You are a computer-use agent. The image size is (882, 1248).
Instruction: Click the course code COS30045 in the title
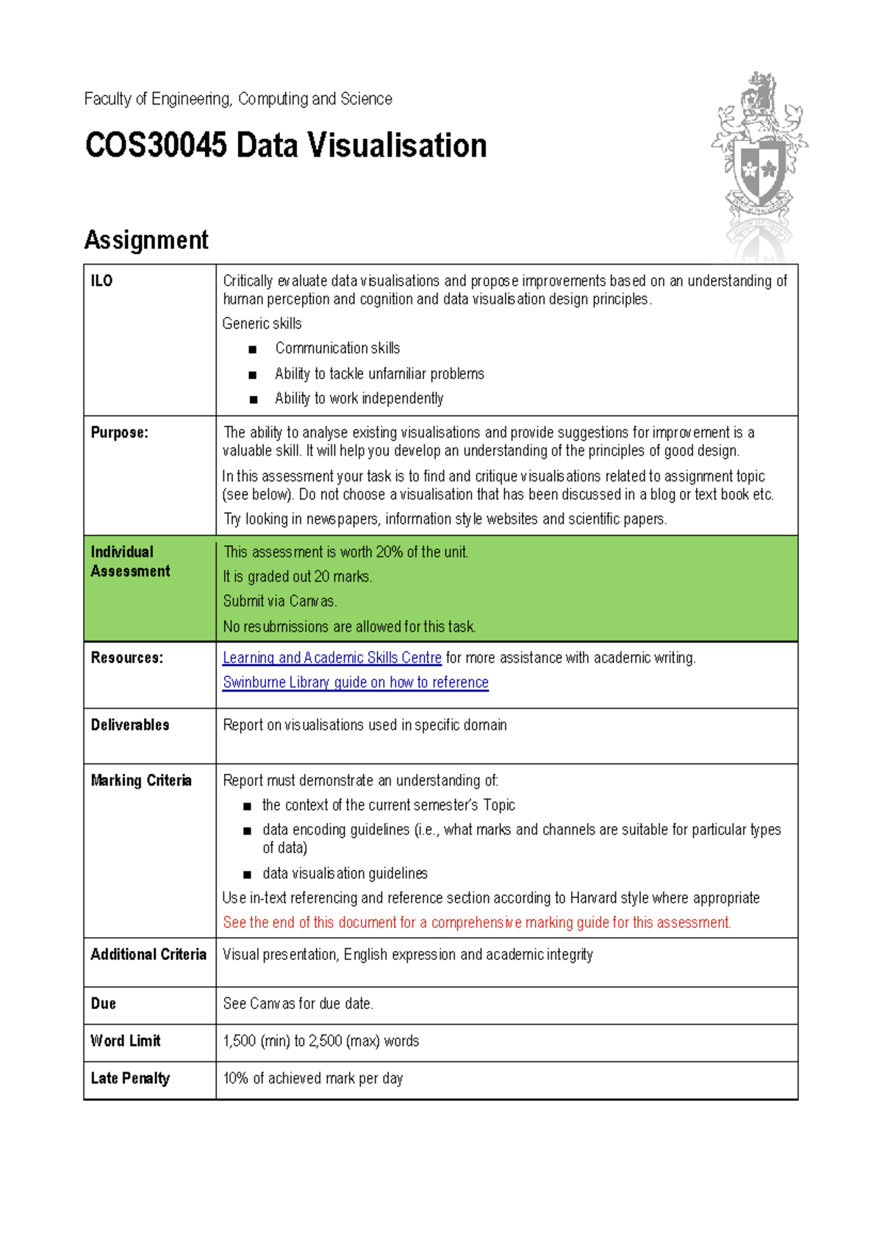156,146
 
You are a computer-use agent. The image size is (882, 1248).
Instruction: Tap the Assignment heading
146,240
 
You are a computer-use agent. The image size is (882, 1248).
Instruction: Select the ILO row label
101,281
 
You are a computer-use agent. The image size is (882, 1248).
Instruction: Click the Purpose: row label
119,433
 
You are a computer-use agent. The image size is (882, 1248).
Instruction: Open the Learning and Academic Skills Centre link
331,658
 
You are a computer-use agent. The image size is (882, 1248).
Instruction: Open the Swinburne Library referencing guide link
355,682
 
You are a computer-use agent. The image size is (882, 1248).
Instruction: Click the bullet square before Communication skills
253,350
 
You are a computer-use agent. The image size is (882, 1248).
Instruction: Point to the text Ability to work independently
359,398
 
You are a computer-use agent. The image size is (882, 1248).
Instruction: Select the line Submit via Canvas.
279,601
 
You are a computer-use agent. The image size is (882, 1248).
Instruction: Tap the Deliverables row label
130,725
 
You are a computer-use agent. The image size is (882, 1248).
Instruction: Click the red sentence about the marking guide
476,922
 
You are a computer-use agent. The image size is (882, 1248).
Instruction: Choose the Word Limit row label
125,1041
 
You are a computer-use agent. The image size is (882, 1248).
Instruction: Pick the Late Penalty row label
130,1078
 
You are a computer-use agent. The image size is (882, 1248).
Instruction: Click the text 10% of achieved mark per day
312,1078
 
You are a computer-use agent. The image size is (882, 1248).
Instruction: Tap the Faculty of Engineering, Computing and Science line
237,98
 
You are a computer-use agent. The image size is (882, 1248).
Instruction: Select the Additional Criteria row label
148,954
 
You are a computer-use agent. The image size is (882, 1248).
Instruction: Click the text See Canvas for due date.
298,1003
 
